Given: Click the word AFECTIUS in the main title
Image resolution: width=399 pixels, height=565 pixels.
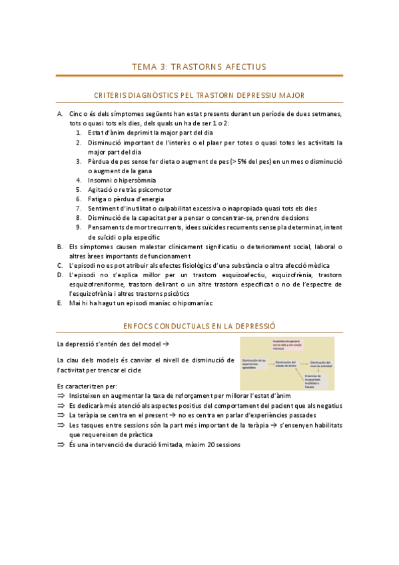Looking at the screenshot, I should point(244,67).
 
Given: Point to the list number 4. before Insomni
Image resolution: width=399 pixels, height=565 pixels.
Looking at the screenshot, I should point(79,180).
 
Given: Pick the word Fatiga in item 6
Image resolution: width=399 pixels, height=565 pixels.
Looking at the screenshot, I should point(98,199).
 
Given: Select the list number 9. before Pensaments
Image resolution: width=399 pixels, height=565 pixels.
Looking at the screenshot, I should point(79,227).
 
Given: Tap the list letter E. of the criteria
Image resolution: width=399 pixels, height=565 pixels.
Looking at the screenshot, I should point(60,303).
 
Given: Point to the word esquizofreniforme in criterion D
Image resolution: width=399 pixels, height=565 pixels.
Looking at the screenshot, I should point(97,284).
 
